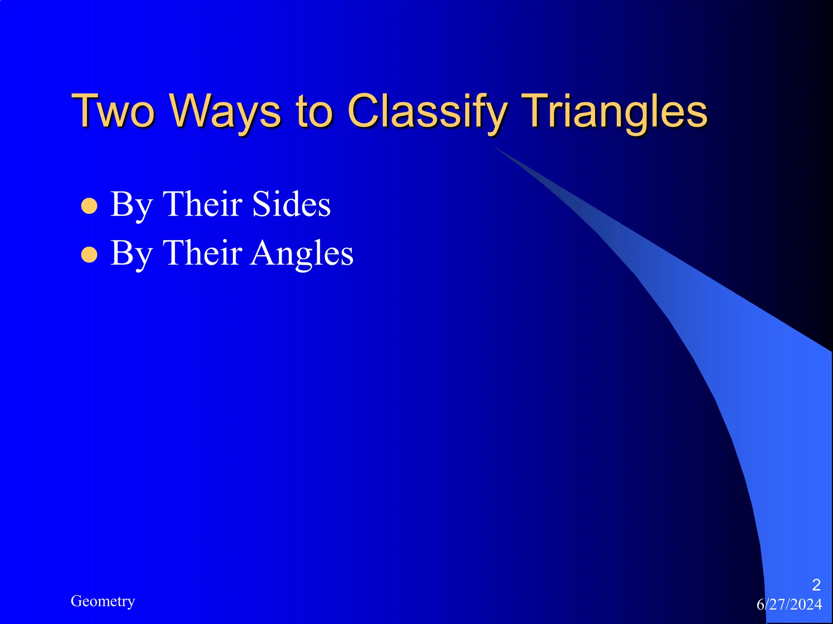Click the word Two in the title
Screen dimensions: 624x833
click(x=113, y=110)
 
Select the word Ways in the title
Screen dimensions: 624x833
click(x=226, y=110)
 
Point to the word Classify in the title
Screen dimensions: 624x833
click(x=427, y=110)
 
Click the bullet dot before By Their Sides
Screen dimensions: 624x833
click(x=89, y=206)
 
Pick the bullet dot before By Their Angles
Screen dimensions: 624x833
click(x=89, y=255)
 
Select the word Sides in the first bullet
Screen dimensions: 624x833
click(x=291, y=204)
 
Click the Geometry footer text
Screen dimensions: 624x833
click(x=102, y=601)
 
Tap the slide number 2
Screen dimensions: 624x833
click(x=816, y=585)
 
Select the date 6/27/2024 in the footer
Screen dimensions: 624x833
click(x=789, y=604)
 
